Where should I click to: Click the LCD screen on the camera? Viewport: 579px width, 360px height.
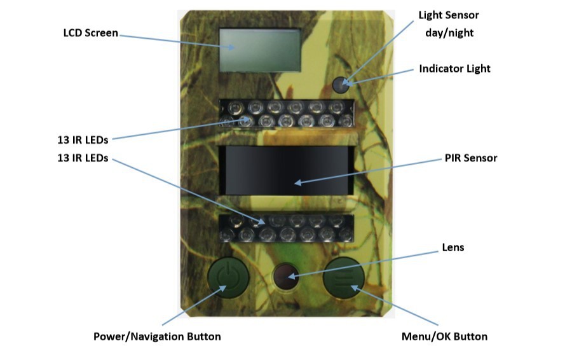[x=260, y=50]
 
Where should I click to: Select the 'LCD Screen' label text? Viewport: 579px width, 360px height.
[x=90, y=33]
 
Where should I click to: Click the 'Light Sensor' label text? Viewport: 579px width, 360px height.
[x=448, y=15]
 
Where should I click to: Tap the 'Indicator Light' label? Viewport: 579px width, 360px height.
[x=454, y=69]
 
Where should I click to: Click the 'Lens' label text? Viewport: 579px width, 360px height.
[x=453, y=247]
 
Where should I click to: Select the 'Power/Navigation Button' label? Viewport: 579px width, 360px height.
[x=157, y=336]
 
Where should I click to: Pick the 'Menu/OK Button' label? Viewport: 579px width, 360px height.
[x=444, y=336]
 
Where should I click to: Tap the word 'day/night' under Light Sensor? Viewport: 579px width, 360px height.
[x=448, y=32]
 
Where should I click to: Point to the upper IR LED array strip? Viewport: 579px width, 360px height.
[x=285, y=113]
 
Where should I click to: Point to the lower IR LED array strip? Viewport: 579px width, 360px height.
[x=285, y=228]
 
